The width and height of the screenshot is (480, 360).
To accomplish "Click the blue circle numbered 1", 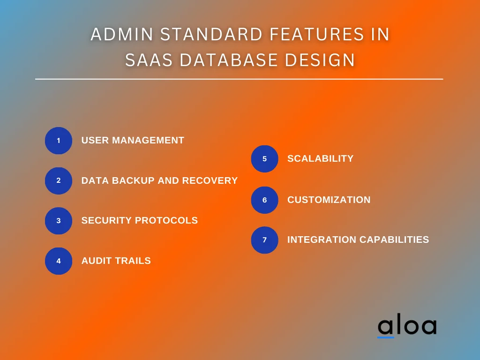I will tap(59, 141).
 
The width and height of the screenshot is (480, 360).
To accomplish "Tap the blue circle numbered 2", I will tap(59, 180).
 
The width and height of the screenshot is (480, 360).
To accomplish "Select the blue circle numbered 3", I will tap(59, 221).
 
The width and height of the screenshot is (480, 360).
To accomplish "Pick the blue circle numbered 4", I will tap(59, 261).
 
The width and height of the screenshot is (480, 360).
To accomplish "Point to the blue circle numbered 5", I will tap(264, 159).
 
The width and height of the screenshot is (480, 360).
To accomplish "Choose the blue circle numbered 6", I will tap(264, 200).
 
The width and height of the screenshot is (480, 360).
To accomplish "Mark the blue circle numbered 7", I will tap(264, 240).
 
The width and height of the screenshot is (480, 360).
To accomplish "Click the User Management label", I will tap(133, 140).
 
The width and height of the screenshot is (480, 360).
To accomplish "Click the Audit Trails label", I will tap(116, 261).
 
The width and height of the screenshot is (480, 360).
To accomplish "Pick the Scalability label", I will tap(320, 158).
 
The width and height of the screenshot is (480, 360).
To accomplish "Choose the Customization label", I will tap(329, 200).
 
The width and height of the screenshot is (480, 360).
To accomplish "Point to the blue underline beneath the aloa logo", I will tap(386, 337).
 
